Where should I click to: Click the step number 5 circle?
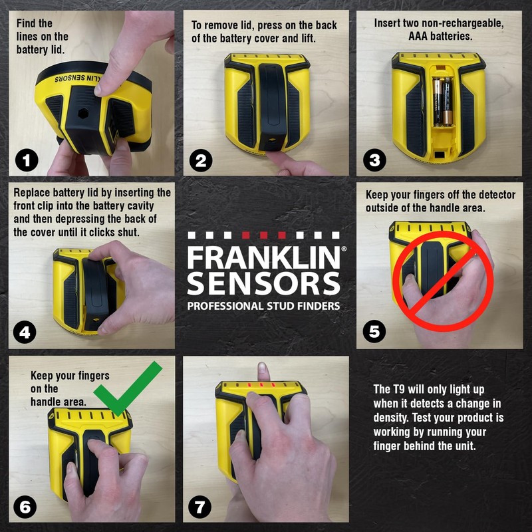pyautogui.click(x=374, y=332)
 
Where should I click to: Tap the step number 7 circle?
pyautogui.click(x=200, y=507)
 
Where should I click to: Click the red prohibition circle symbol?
pyautogui.click(x=443, y=280)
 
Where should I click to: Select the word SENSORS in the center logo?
pyautogui.click(x=263, y=283)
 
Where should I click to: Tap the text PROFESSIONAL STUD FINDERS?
pyautogui.click(x=263, y=307)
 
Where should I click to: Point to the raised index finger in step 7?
pyautogui.click(x=264, y=374)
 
